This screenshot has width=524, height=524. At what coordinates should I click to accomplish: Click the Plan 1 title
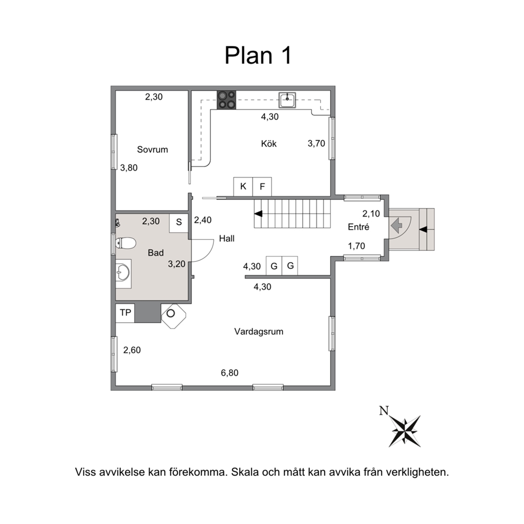click(258, 55)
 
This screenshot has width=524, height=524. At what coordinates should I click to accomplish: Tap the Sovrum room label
click(152, 149)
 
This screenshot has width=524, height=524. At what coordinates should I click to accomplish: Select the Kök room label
click(269, 144)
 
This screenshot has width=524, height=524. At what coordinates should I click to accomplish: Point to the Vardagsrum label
click(259, 332)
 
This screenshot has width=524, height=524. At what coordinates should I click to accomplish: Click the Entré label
click(358, 227)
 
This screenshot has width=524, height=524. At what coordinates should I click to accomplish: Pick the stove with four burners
click(227, 100)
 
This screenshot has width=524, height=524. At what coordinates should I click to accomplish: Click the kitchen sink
click(287, 100)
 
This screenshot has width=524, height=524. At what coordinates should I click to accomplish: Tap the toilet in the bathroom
click(126, 243)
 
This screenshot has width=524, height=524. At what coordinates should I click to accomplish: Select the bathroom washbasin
click(123, 274)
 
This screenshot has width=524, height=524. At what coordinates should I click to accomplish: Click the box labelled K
click(243, 186)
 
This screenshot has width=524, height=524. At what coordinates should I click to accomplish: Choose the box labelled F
click(262, 186)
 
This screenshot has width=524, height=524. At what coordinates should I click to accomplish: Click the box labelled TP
click(125, 313)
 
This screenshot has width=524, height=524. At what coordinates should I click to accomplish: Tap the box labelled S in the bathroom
click(179, 222)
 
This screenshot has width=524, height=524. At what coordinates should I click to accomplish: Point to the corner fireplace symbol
click(173, 315)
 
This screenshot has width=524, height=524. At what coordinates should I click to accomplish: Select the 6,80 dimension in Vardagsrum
click(230, 372)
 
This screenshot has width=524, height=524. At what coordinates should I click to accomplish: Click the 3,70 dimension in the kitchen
click(316, 143)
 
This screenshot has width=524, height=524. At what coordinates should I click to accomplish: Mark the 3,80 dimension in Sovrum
click(129, 168)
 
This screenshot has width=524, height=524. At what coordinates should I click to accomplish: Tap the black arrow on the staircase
click(258, 213)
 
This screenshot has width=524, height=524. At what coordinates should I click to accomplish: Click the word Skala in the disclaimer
click(246, 472)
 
